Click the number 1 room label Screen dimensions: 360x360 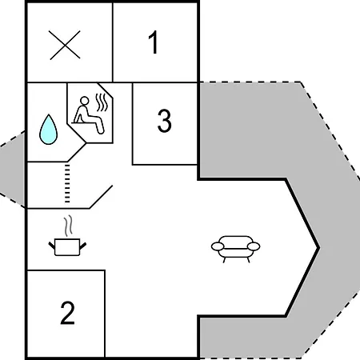154,42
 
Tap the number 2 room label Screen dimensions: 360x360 67,313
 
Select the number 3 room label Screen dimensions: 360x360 164,121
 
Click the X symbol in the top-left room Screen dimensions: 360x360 65,45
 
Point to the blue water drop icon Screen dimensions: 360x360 48,130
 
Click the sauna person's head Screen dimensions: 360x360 85,101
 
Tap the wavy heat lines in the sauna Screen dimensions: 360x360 102,102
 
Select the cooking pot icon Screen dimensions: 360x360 67,247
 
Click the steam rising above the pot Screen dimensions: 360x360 68,226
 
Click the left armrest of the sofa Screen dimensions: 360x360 218,246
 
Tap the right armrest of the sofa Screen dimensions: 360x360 254,246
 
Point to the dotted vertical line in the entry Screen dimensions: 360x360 67,183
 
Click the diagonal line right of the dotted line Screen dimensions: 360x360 101,197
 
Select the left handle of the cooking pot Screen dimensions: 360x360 52,246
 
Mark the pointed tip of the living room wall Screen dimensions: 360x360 319,248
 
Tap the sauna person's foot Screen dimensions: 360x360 101,130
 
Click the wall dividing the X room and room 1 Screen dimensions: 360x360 113,42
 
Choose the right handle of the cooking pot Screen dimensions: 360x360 83,246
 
